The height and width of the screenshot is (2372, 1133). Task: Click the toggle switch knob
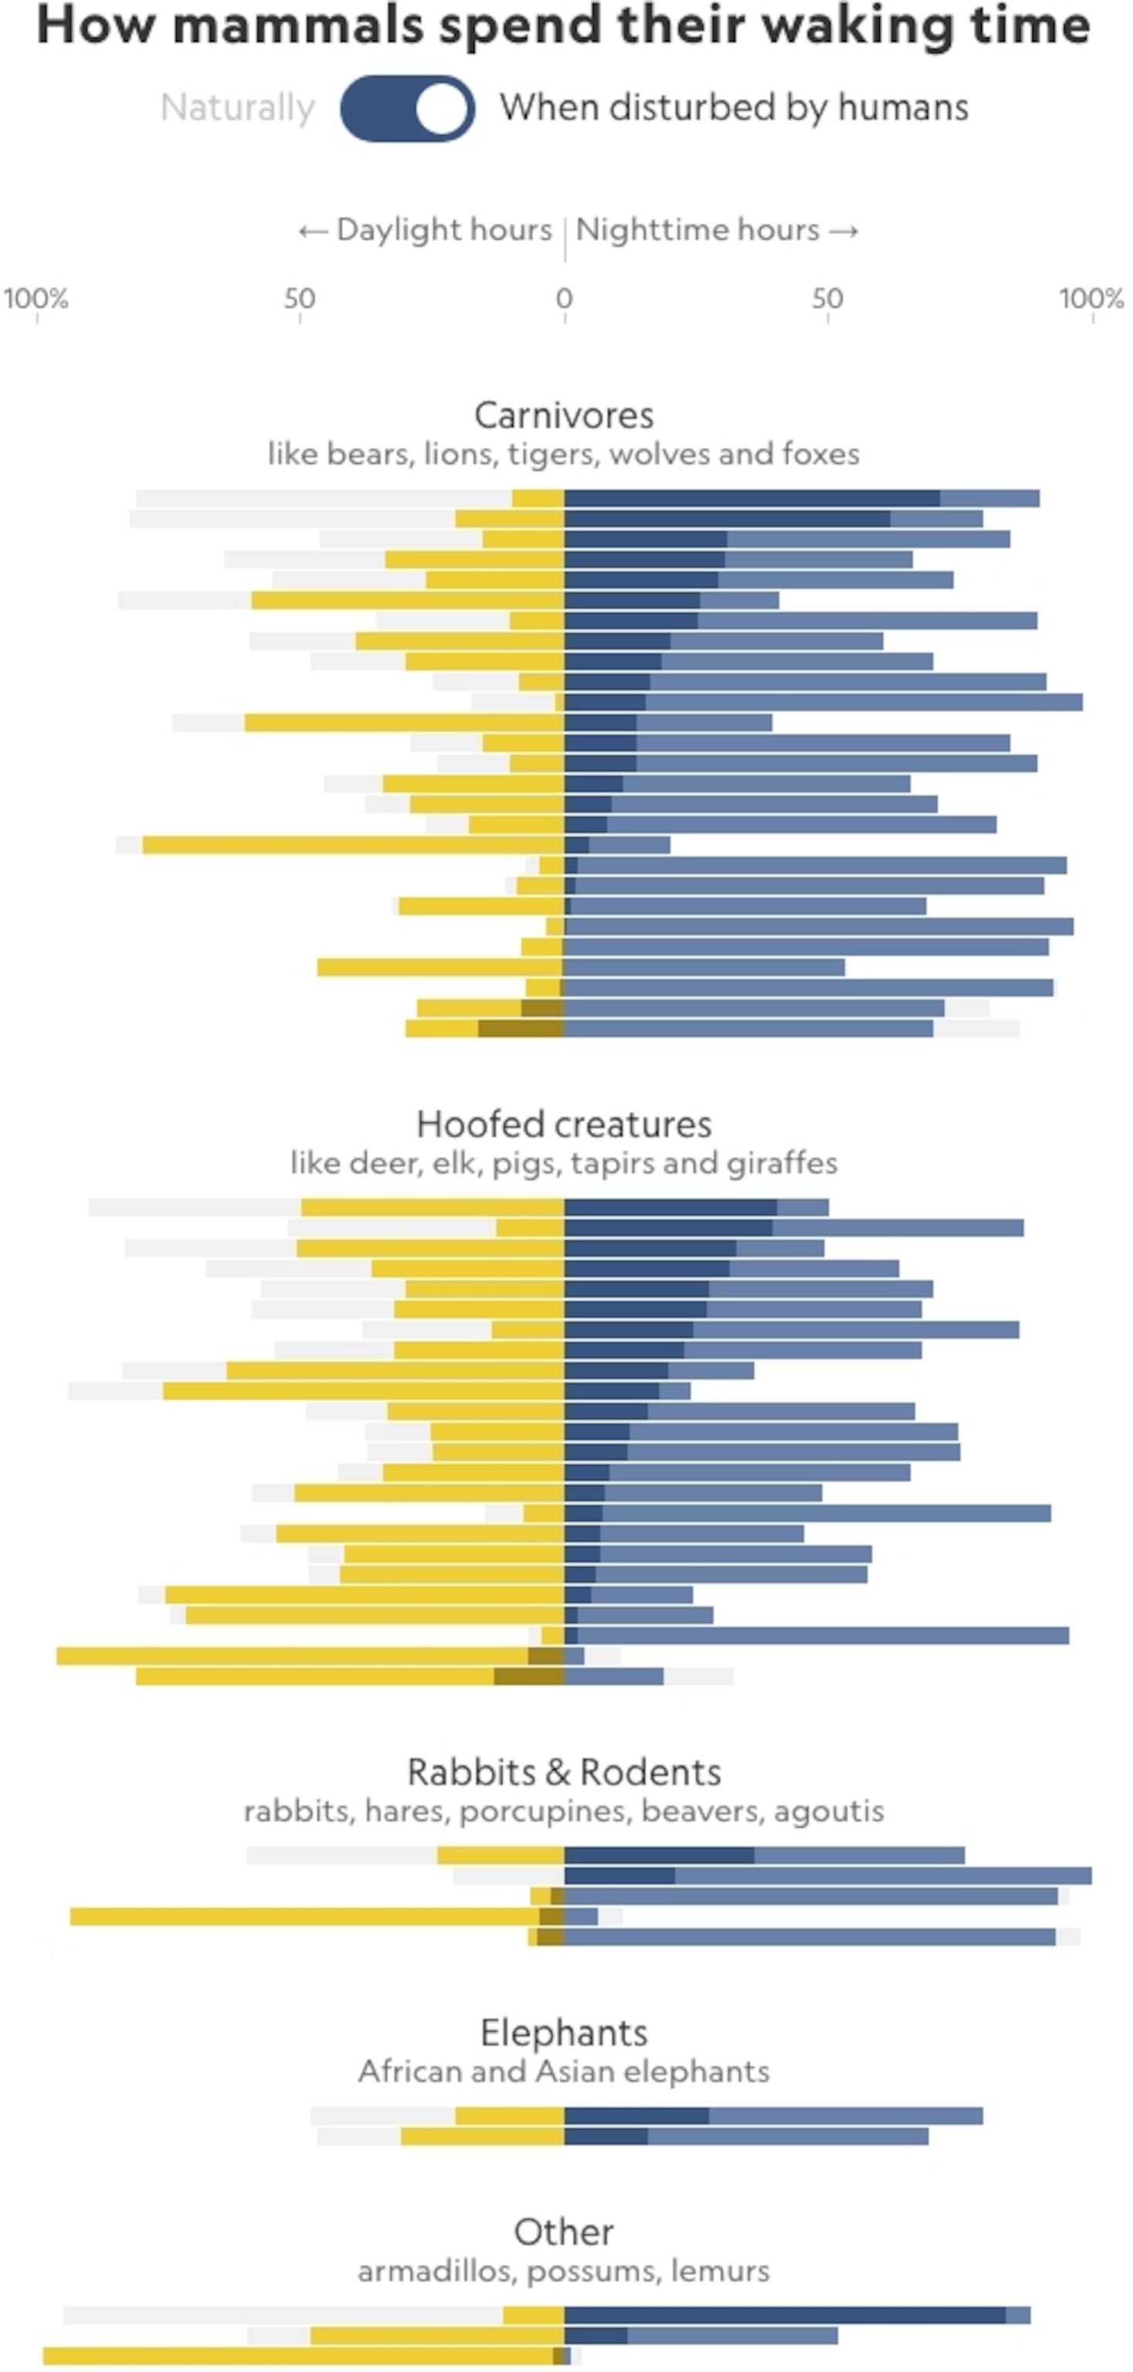pos(441,109)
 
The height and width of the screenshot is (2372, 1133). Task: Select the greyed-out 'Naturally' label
pos(238,108)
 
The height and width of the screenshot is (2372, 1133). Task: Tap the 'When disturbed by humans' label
pos(733,108)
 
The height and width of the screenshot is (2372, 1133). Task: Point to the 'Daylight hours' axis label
pos(444,229)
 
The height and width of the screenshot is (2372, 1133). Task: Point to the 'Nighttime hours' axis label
pos(697,229)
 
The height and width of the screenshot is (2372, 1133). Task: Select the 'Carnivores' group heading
pos(564,415)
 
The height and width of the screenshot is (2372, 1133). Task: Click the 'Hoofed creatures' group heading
pos(564,1124)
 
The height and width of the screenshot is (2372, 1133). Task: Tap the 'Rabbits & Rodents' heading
pos(564,1773)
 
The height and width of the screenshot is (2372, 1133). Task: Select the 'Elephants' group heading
pos(564,2032)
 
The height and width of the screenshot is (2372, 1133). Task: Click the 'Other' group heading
pos(564,2232)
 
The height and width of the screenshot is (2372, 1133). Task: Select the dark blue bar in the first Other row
pos(784,2315)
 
